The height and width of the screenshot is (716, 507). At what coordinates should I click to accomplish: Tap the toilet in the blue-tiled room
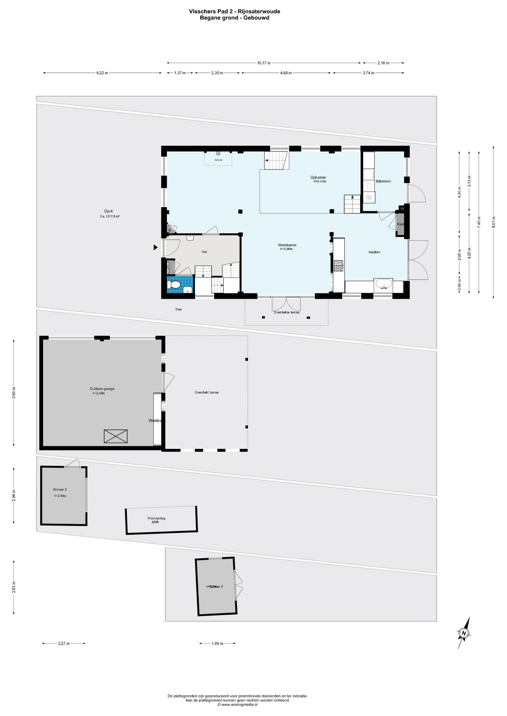tap(174, 285)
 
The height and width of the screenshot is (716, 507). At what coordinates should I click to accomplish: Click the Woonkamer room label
tap(287, 245)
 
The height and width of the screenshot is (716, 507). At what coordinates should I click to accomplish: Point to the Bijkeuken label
tap(383, 181)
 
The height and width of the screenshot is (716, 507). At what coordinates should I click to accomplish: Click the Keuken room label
tap(374, 252)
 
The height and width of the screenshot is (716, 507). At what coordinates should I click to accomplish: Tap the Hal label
tap(204, 252)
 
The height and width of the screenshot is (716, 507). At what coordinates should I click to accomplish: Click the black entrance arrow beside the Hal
tap(155, 247)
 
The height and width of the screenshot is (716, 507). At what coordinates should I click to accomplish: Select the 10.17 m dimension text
tap(264, 63)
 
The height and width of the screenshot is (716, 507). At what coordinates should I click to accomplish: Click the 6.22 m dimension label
tap(102, 73)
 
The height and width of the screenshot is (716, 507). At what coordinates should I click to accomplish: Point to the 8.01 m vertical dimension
tap(493, 222)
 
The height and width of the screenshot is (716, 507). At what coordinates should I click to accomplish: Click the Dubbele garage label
tap(102, 389)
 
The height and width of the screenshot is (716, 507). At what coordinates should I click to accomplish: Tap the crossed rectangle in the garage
tap(115, 436)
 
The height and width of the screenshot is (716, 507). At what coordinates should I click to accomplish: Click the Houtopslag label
tap(156, 518)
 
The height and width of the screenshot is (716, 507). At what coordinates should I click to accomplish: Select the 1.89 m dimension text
tap(217, 643)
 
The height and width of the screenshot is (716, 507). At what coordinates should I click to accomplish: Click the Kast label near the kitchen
tap(400, 224)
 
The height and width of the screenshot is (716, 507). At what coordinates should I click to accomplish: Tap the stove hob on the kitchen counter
tap(339, 266)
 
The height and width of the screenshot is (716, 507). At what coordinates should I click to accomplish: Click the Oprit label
tap(108, 211)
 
